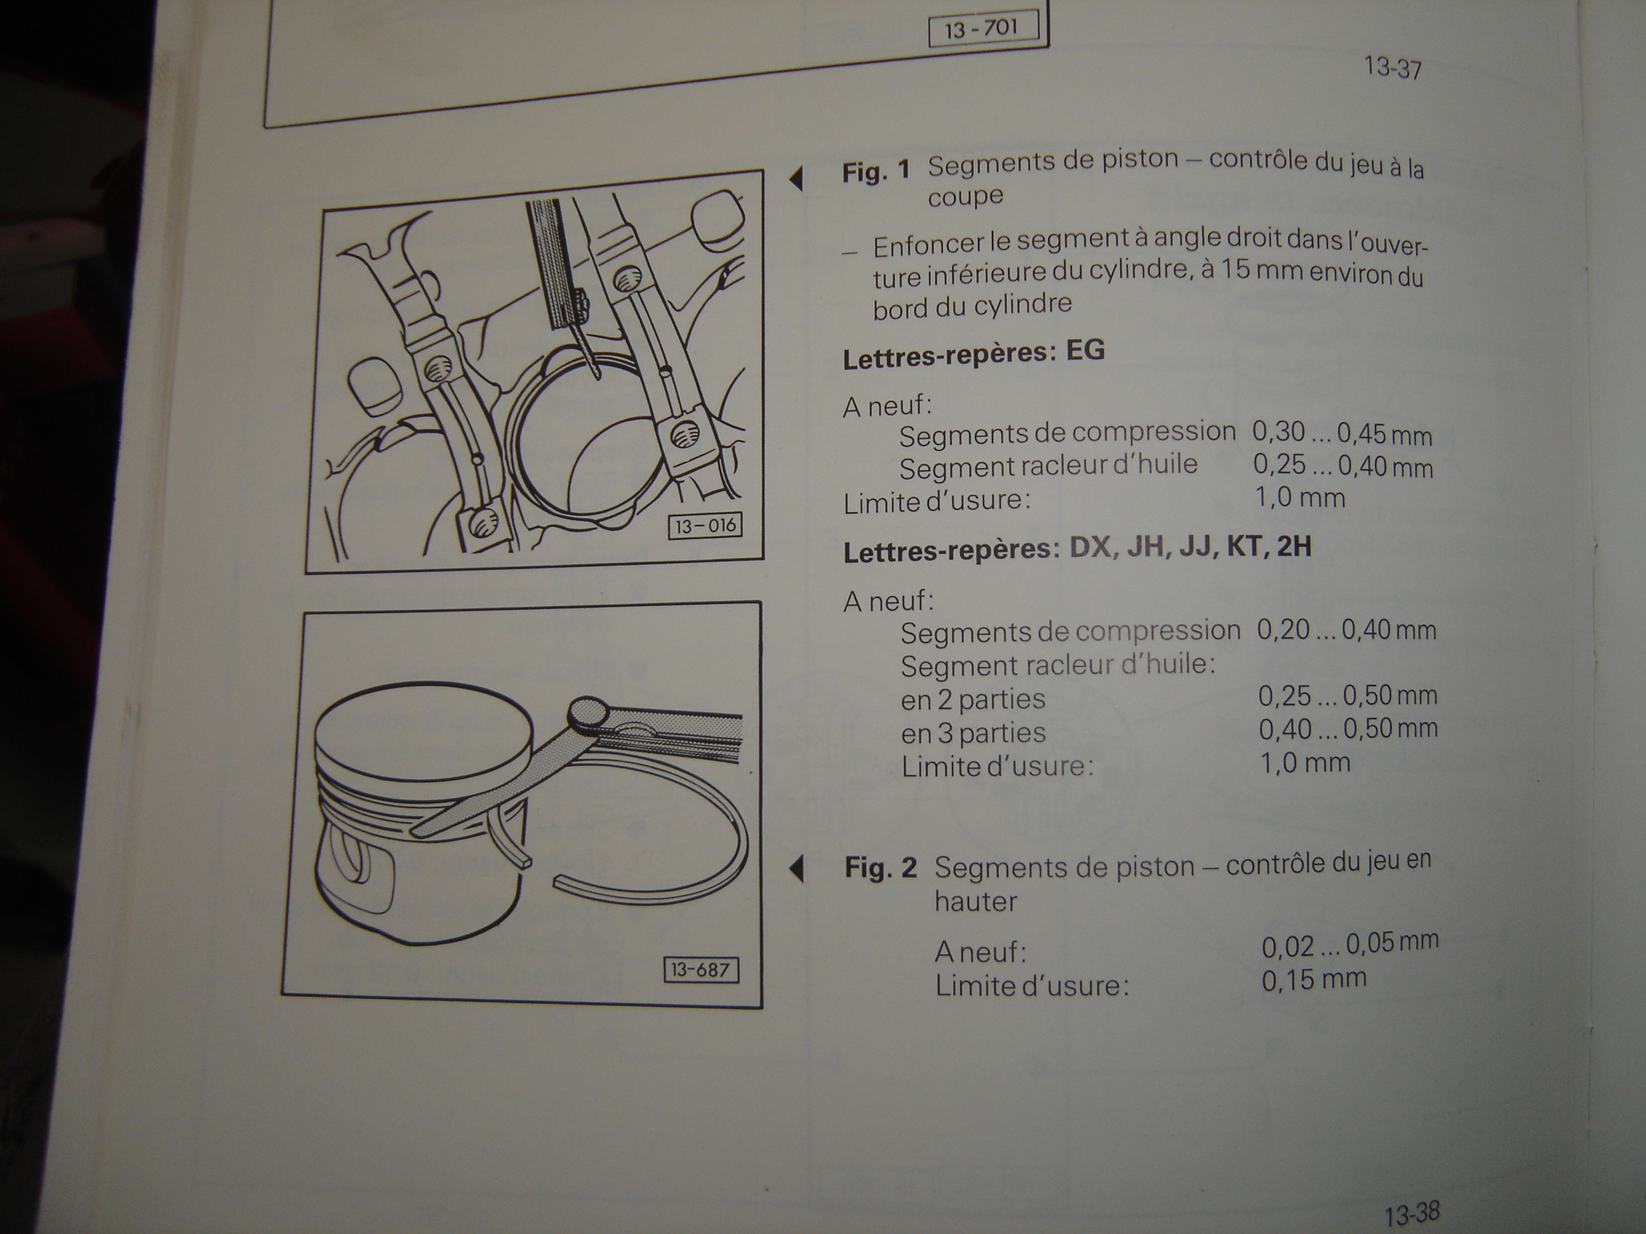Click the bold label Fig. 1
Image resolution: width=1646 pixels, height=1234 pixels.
(876, 172)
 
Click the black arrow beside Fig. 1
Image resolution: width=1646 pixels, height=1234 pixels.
(796, 178)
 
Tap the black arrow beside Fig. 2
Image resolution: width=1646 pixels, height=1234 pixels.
(796, 869)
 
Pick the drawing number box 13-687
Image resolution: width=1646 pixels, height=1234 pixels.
(701, 971)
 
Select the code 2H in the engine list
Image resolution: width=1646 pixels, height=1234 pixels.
(1294, 547)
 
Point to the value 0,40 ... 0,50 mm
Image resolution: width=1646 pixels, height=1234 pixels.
(1348, 729)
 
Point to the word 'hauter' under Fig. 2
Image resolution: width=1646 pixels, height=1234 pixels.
(975, 901)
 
